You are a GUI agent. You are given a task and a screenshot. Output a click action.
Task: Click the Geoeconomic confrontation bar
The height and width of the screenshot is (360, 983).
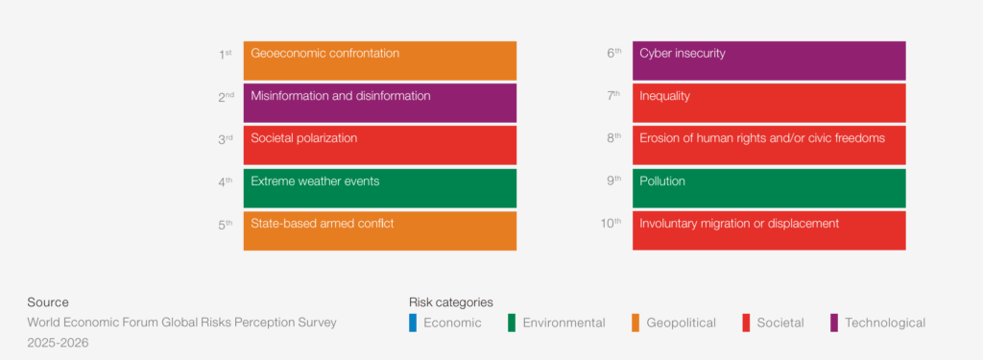click(380, 60)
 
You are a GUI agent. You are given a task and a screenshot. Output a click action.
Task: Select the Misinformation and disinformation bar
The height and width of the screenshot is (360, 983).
click(380, 103)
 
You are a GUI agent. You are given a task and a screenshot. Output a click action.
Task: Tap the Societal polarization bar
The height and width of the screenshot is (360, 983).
click(380, 146)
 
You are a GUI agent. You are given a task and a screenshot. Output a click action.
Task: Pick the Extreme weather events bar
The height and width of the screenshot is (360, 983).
click(380, 188)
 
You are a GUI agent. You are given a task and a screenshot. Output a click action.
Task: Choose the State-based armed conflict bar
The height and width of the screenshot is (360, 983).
click(380, 230)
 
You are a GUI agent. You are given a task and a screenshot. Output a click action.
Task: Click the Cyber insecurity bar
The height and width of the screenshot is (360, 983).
click(769, 60)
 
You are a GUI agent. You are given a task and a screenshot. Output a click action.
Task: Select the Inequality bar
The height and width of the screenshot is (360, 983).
click(769, 103)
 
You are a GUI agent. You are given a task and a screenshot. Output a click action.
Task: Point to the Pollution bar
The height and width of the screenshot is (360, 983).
click(769, 188)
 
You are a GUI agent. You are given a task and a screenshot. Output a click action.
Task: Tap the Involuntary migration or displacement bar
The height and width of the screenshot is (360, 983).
click(769, 230)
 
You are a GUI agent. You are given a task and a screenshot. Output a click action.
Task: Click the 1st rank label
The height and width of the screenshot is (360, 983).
click(225, 55)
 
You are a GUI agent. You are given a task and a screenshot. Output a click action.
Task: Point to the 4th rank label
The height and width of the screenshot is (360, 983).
click(225, 181)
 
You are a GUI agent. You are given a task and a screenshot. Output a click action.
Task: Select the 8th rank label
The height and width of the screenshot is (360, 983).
click(613, 139)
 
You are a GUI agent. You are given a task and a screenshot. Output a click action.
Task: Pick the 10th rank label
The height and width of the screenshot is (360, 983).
click(611, 224)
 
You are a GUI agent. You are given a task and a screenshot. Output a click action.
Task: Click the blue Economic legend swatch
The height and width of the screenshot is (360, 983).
click(413, 323)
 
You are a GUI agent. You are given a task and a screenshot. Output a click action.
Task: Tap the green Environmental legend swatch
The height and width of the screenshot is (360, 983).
click(512, 323)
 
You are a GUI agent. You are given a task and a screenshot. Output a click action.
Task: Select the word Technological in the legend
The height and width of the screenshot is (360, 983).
click(885, 323)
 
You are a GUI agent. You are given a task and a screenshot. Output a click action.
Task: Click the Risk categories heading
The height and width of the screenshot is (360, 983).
click(451, 302)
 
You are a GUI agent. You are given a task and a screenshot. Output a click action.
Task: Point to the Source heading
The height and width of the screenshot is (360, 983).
click(48, 302)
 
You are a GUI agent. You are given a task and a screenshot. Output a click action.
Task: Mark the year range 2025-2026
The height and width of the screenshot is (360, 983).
click(58, 343)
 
